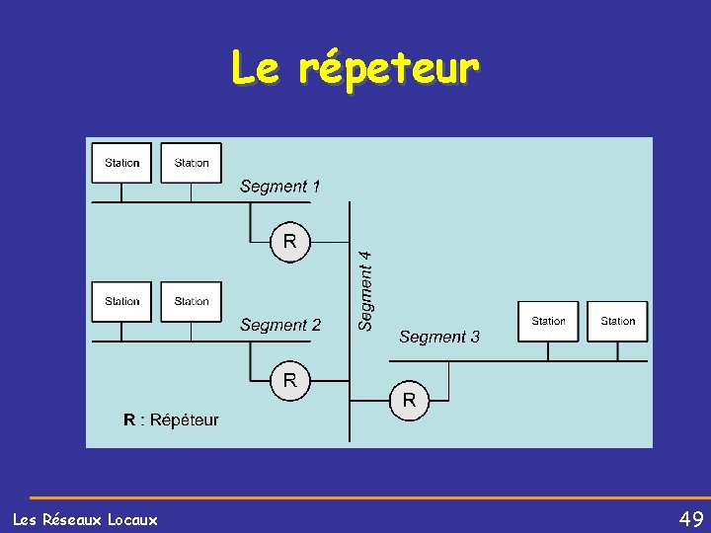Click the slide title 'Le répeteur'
pyautogui.click(x=355, y=68)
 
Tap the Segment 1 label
pyautogui.click(x=280, y=186)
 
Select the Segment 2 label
pyautogui.click(x=280, y=325)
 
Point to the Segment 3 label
pyautogui.click(x=439, y=337)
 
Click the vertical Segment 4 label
pyautogui.click(x=365, y=289)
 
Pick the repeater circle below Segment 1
pyautogui.click(x=290, y=241)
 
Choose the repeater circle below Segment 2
pyautogui.click(x=290, y=380)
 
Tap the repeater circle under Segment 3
pyautogui.click(x=409, y=400)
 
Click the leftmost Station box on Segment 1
pyautogui.click(x=122, y=163)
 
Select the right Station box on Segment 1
pyautogui.click(x=192, y=163)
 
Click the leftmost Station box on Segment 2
pyautogui.click(x=122, y=301)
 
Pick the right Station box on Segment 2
pyautogui.click(x=192, y=301)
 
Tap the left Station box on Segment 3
pyautogui.click(x=549, y=321)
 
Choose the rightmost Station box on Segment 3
pyautogui.click(x=618, y=321)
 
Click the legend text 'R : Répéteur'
pyautogui.click(x=171, y=419)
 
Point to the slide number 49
pyautogui.click(x=691, y=518)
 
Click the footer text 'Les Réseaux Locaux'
pyautogui.click(x=85, y=519)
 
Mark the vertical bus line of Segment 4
pyautogui.click(x=350, y=326)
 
